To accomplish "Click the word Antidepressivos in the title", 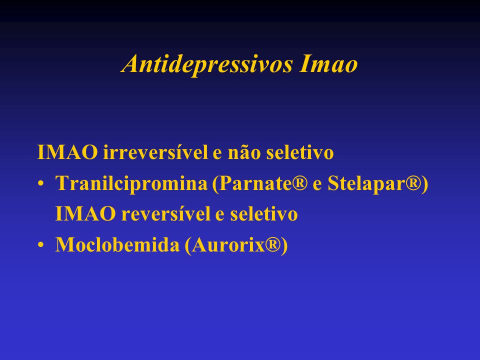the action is coord(207,64).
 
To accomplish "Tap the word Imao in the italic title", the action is coord(328,63).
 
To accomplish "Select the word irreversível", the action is coord(155,152).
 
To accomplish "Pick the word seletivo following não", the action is coord(300,152).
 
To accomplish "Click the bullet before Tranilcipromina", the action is coord(40,184).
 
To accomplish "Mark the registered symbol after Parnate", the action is coord(300,183).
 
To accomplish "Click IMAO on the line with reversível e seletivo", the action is coord(85,213).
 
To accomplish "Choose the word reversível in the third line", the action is coord(166,213).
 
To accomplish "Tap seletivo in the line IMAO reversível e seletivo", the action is coord(264,213).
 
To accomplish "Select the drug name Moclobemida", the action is coord(117,244).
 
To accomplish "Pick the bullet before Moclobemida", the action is coord(40,245).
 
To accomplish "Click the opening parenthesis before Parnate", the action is coord(215,184).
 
